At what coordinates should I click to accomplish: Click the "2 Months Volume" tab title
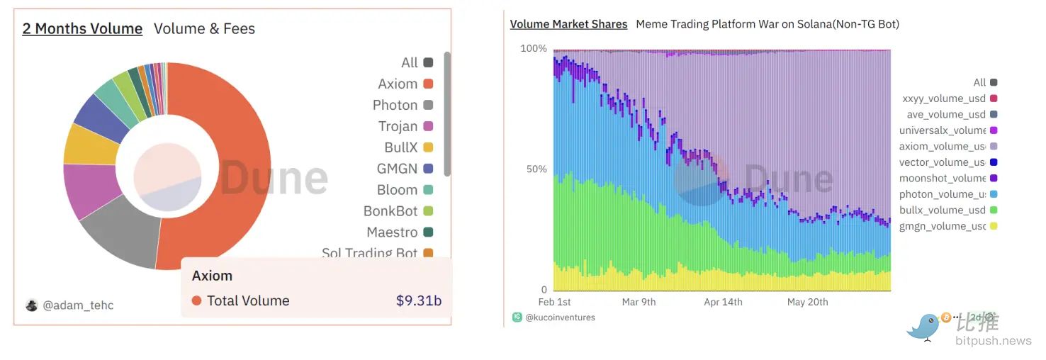tap(82, 29)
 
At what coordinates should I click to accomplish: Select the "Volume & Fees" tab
tap(204, 29)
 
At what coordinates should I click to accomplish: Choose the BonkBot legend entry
tap(398, 211)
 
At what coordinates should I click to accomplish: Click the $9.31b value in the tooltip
tap(418, 300)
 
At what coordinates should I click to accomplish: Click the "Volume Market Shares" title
tap(568, 24)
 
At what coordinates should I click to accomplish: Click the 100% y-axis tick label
tap(534, 48)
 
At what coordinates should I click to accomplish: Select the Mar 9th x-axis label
tap(639, 302)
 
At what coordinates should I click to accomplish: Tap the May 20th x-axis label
tap(807, 302)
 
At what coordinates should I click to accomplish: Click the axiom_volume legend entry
tap(942, 147)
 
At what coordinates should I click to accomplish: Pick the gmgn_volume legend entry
tap(942, 226)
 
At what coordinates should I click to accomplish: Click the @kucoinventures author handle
tap(560, 317)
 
